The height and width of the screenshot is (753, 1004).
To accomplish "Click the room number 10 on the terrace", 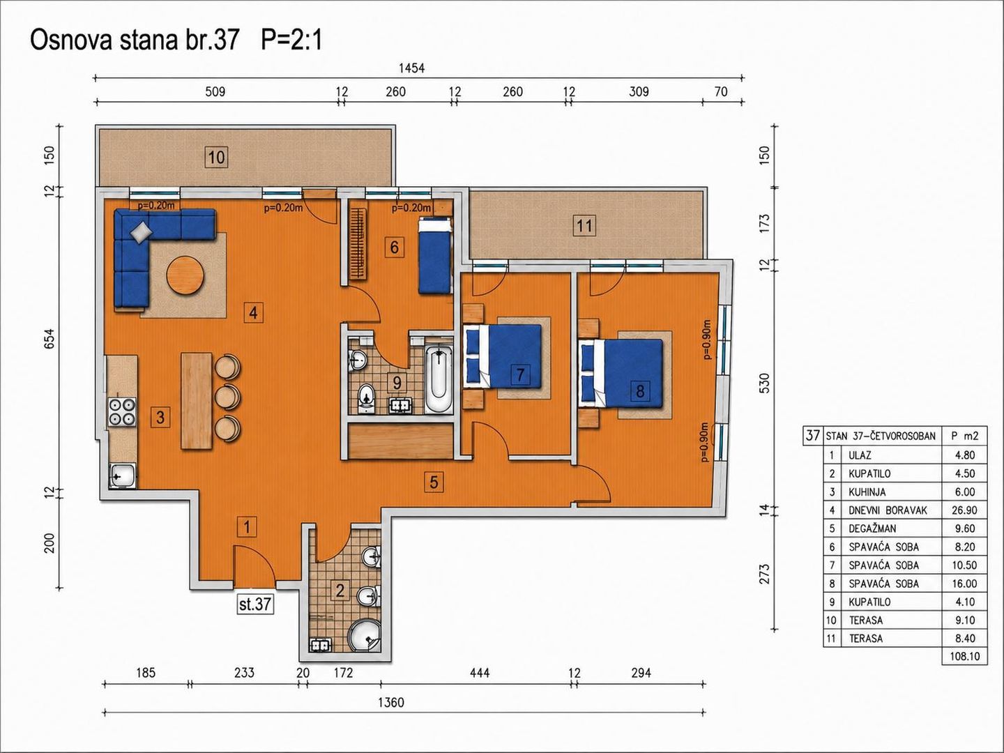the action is [x=216, y=158].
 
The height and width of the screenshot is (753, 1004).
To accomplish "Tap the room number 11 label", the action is [x=584, y=225].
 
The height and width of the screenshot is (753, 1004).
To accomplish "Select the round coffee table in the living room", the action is [x=185, y=275].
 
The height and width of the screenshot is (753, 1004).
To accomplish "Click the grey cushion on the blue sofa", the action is [x=142, y=231].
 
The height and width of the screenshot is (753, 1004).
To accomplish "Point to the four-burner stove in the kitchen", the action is [x=122, y=412].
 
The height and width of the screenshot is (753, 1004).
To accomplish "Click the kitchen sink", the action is [x=122, y=476].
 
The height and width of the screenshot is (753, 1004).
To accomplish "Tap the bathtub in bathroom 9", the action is [x=439, y=379].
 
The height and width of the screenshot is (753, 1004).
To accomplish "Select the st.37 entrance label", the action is [x=255, y=604].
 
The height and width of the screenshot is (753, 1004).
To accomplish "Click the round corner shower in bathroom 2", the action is [x=364, y=635].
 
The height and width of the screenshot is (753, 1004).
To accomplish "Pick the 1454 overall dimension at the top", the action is [x=411, y=68].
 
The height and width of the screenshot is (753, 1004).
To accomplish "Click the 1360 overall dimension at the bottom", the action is [x=392, y=703].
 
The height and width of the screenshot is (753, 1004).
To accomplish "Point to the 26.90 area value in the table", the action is [x=964, y=510].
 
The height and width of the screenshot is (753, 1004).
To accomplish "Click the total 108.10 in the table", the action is [x=965, y=657].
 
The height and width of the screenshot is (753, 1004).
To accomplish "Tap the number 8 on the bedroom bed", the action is [x=640, y=391].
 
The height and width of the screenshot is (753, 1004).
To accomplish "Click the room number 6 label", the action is [x=395, y=248].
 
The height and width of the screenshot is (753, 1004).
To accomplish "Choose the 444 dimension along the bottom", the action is [x=480, y=673].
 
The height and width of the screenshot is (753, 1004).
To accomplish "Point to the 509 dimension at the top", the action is [x=215, y=92].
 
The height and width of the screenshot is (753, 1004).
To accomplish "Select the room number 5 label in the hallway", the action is [x=434, y=482].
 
